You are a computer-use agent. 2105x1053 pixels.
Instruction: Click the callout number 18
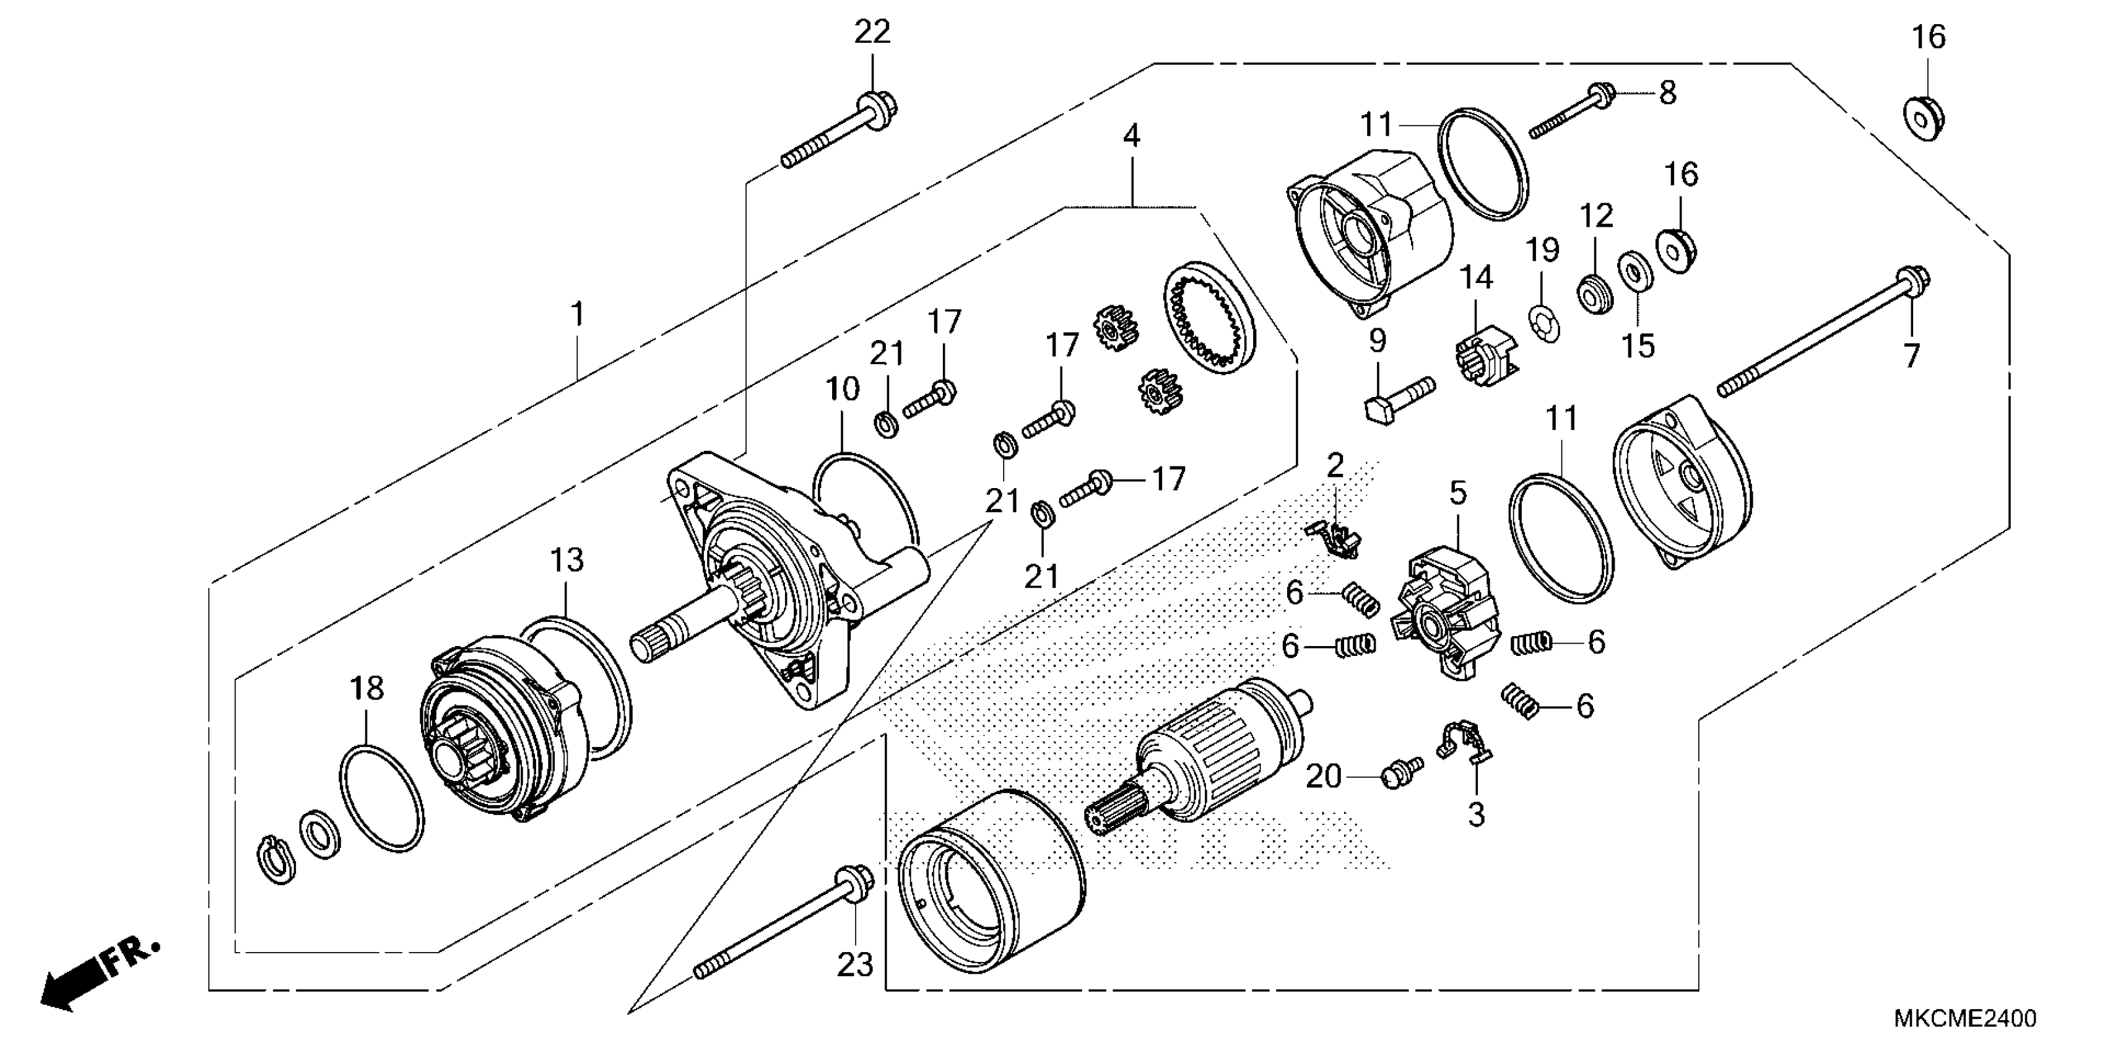(x=367, y=689)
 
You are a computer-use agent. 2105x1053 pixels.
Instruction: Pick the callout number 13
(x=566, y=561)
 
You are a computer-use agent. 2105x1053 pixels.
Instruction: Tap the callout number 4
(x=1131, y=136)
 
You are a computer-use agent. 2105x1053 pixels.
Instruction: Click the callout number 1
(x=578, y=314)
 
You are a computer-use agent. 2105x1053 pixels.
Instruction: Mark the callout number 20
(x=1324, y=777)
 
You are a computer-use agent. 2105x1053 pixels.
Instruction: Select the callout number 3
(x=1476, y=815)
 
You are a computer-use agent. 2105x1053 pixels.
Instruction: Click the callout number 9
(x=1378, y=340)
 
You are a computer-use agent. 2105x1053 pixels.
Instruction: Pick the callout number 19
(x=1543, y=250)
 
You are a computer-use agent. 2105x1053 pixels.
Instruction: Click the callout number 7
(x=1911, y=356)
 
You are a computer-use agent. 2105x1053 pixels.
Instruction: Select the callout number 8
(x=1667, y=92)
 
